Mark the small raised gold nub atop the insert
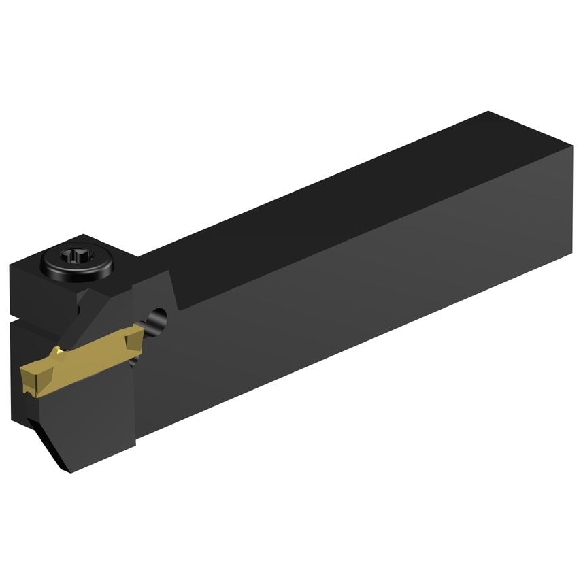(60, 350)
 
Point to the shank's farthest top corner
(488, 112)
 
